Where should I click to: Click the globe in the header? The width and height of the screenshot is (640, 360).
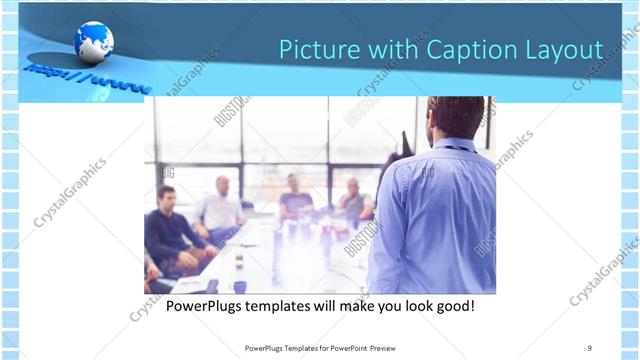click(x=93, y=42)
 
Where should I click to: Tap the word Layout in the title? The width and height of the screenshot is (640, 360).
click(x=564, y=49)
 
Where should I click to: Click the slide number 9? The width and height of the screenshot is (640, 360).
click(x=590, y=348)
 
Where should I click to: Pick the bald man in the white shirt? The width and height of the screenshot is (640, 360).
click(x=221, y=205)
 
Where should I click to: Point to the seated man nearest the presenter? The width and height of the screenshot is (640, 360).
click(x=353, y=200)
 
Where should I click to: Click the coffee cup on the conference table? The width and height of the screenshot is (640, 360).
click(x=239, y=259)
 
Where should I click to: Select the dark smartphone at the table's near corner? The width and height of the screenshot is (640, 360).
click(x=211, y=286)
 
